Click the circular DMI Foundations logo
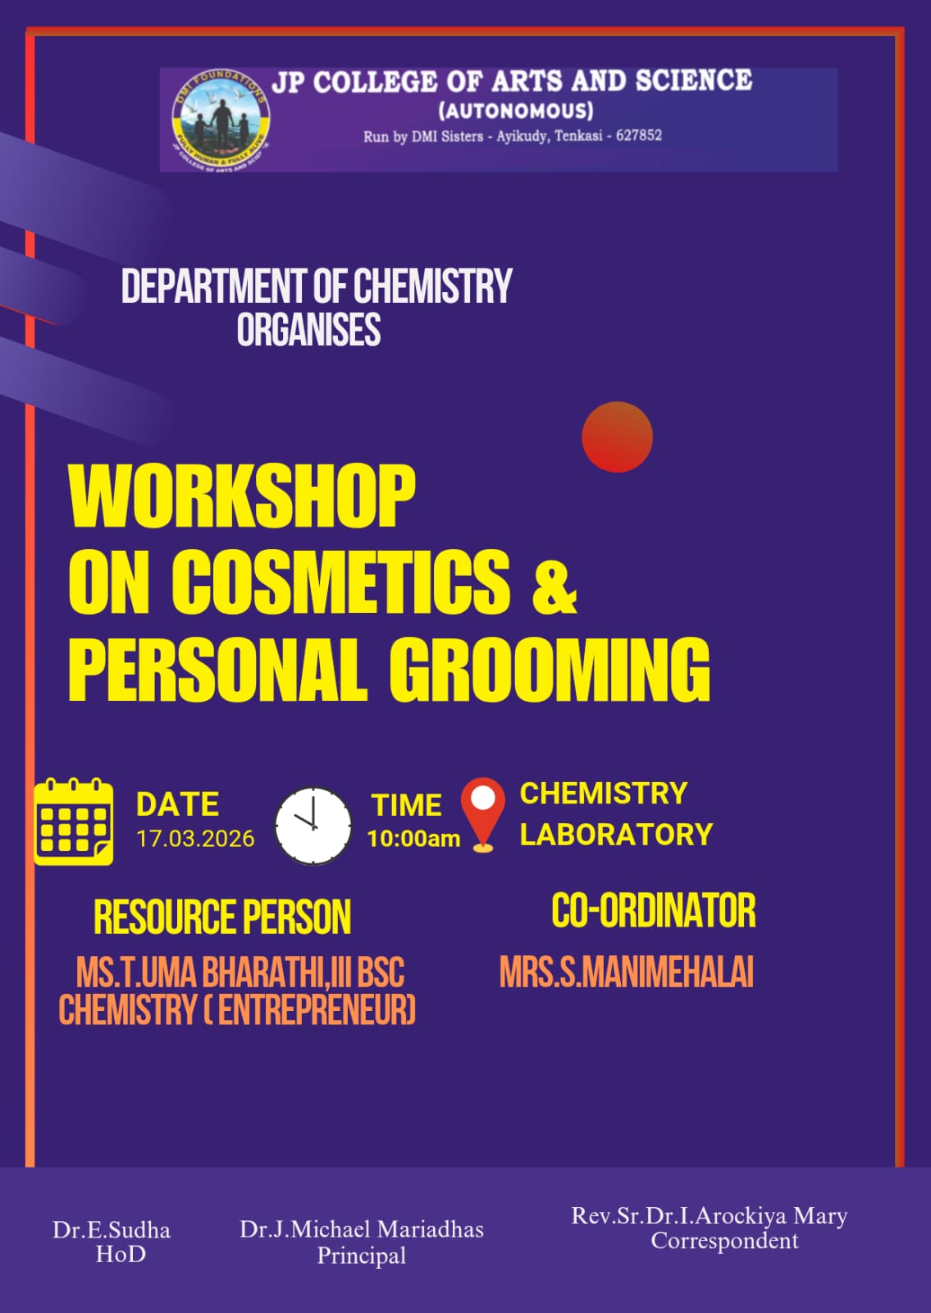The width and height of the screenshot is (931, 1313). click(x=221, y=120)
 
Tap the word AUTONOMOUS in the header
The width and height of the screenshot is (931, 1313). click(x=516, y=111)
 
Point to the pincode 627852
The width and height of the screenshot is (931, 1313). click(x=639, y=135)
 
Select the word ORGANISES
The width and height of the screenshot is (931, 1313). click(x=308, y=329)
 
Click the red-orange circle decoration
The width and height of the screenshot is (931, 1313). click(x=617, y=437)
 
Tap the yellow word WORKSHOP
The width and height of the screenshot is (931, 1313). click(x=242, y=496)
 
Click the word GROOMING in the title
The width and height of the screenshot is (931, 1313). click(x=550, y=670)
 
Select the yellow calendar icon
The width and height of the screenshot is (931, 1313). click(x=74, y=821)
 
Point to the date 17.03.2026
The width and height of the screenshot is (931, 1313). click(x=195, y=839)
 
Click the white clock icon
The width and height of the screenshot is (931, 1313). click(x=313, y=826)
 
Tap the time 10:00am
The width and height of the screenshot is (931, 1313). click(x=413, y=839)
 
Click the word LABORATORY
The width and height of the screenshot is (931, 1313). click(x=616, y=835)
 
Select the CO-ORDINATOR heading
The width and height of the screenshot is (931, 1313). click(x=654, y=911)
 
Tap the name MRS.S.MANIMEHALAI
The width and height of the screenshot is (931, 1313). click(x=627, y=972)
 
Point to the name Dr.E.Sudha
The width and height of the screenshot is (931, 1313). click(x=112, y=1230)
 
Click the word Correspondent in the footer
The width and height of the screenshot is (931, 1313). click(x=724, y=1241)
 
